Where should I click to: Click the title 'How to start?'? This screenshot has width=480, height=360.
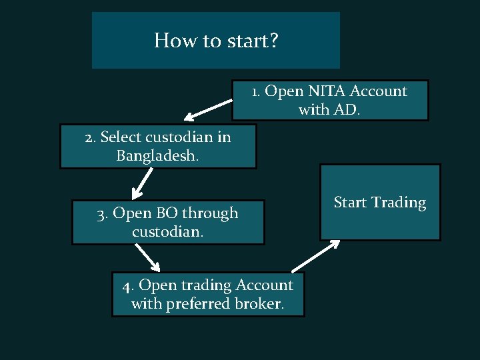click(216, 41)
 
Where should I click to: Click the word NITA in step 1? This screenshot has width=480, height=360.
click(326, 91)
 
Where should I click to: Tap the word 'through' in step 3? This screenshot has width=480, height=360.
click(210, 214)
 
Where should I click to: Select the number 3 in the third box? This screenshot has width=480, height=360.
click(101, 214)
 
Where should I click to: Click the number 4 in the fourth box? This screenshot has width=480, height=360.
click(127, 286)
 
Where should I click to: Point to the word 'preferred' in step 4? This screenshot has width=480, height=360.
click(201, 304)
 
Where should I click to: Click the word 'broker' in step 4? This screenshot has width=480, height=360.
click(262, 304)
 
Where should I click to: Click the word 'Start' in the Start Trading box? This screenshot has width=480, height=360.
click(350, 203)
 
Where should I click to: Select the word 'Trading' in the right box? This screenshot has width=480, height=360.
click(399, 203)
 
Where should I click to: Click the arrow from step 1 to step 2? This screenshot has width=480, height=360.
click(209, 109)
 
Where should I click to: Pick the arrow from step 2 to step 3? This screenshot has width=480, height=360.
click(141, 184)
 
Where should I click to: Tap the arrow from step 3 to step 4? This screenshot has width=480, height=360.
click(147, 257)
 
